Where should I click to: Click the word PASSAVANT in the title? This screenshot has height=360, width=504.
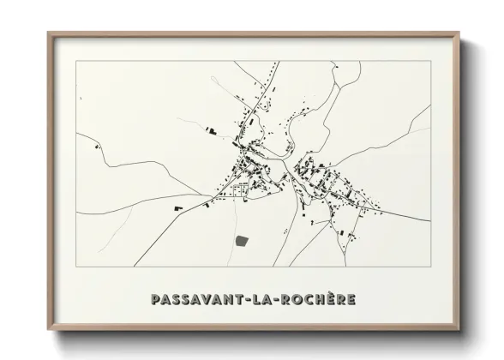(x=195, y=300)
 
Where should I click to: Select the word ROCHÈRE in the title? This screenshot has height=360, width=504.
(x=315, y=300)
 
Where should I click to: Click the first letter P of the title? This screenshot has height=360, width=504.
(x=155, y=300)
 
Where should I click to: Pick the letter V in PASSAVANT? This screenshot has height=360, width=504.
(x=207, y=300)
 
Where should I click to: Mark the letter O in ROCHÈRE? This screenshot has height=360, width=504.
(x=295, y=300)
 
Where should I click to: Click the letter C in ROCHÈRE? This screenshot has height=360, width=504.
(x=306, y=300)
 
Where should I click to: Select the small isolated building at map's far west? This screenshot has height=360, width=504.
(x=97, y=147)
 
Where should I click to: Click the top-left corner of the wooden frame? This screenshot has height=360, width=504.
(x=48, y=33)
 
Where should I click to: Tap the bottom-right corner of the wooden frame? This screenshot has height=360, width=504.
(x=460, y=330)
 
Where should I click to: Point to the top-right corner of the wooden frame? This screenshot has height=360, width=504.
(x=460, y=33)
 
